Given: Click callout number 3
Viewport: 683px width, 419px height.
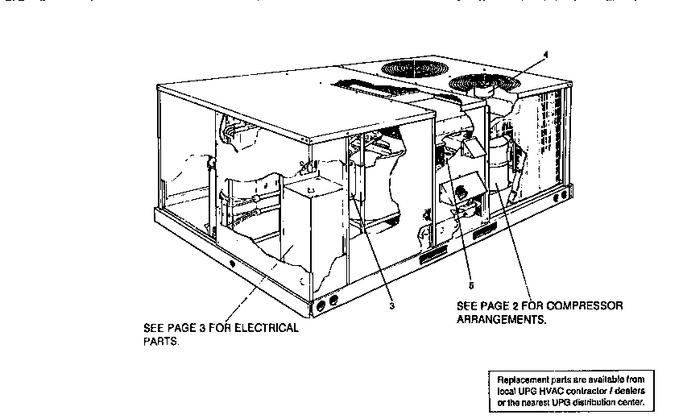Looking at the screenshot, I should point(392,305).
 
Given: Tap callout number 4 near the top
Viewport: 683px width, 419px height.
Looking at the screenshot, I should point(545,55).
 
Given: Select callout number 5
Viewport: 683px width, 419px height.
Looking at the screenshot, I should point(472,284).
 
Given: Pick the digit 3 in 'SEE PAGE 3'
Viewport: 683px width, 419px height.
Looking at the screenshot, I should point(205,328).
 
